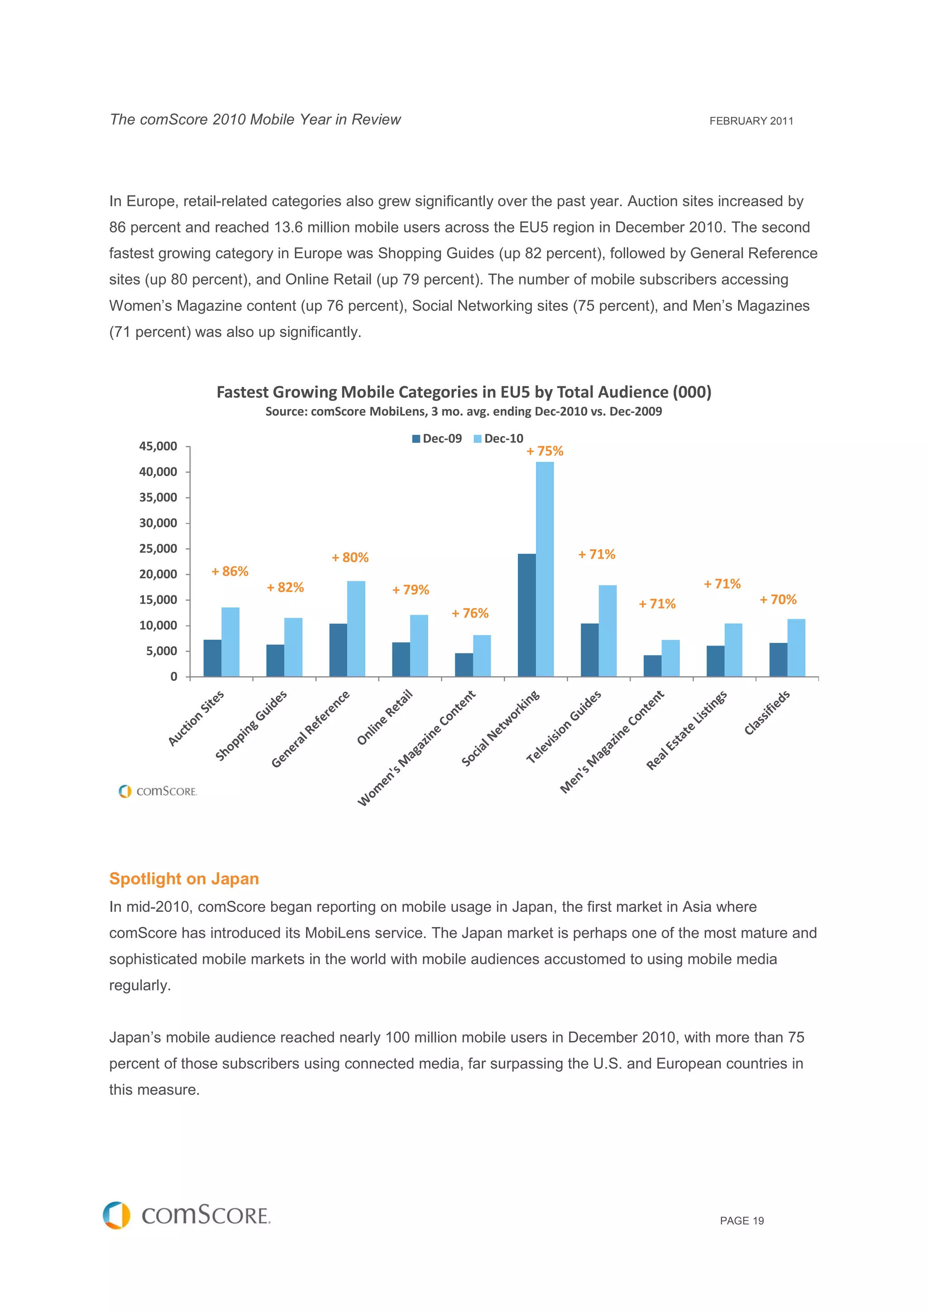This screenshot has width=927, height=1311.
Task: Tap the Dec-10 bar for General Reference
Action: (x=356, y=628)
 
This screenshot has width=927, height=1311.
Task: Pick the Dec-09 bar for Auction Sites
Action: (x=212, y=658)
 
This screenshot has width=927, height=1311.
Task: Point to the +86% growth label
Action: (x=229, y=571)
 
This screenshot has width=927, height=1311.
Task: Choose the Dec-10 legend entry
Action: (x=499, y=438)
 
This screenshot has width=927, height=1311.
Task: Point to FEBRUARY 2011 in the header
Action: (x=750, y=121)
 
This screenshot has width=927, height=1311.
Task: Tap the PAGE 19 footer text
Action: (x=741, y=1221)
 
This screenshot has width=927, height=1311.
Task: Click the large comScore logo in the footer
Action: (x=187, y=1215)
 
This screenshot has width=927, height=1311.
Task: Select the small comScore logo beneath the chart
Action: (x=158, y=791)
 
